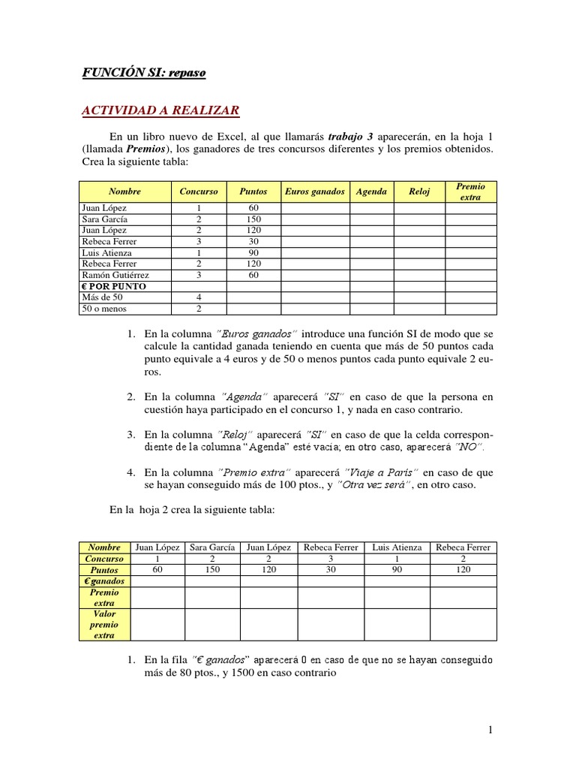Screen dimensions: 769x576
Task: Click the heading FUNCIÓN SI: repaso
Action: [143, 73]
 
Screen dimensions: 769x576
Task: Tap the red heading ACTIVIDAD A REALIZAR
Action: [160, 111]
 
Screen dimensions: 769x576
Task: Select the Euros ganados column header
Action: [315, 191]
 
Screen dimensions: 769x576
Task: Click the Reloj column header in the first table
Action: [419, 191]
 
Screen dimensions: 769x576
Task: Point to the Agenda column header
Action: [371, 191]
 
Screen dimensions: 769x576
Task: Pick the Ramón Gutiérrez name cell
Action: [115, 275]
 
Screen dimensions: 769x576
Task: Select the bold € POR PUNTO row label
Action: [113, 286]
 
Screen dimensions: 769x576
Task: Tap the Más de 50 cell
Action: [100, 297]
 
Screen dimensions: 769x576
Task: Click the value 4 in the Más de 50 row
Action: [199, 297]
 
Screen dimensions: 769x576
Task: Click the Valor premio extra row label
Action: [104, 624]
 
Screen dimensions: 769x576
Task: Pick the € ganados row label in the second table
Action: [104, 581]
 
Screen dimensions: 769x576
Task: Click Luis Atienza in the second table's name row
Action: [397, 547]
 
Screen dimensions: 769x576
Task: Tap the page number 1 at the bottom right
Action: [489, 729]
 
